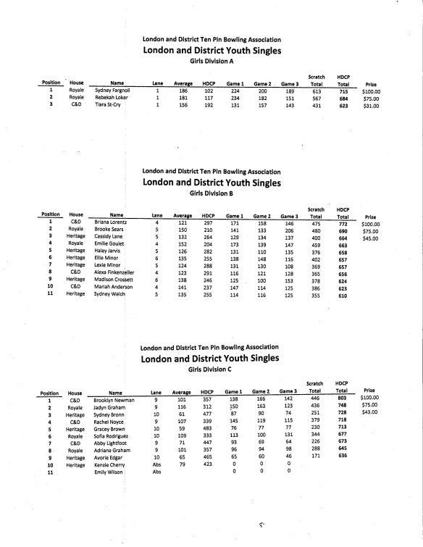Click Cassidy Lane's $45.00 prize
(372, 238)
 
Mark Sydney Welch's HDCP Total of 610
(343, 295)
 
